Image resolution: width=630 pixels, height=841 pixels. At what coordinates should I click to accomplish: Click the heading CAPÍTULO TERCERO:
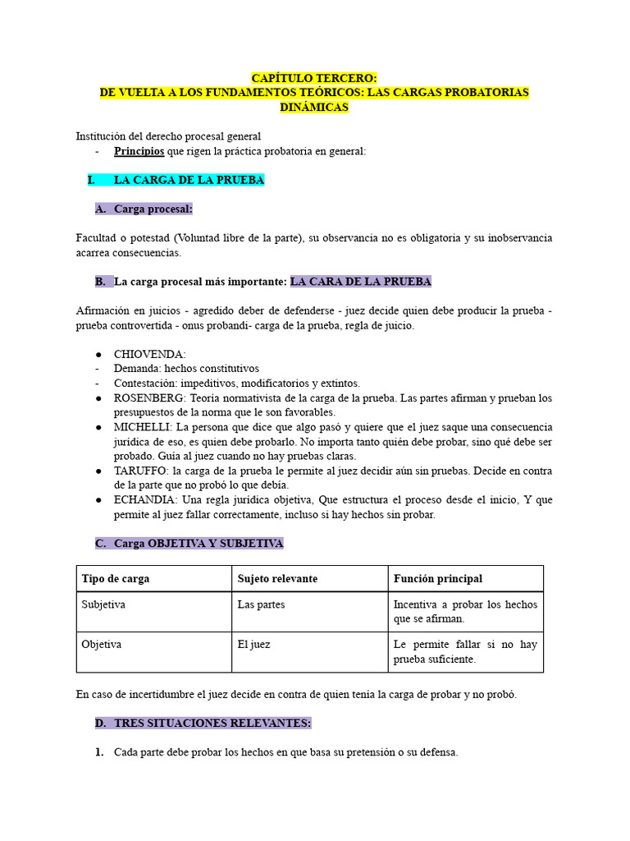tap(314, 77)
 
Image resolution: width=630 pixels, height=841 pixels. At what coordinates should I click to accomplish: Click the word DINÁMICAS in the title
tap(314, 107)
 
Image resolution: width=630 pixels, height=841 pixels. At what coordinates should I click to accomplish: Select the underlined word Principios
tap(139, 151)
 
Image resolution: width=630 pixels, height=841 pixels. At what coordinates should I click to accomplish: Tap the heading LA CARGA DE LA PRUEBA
tap(189, 180)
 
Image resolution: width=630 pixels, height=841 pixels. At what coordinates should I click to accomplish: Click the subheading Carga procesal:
tap(153, 209)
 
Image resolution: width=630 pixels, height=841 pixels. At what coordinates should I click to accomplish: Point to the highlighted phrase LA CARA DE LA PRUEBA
tap(360, 282)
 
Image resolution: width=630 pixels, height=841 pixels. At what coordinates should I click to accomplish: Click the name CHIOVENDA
tap(149, 354)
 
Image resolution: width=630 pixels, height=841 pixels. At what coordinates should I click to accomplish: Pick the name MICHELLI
tap(143, 428)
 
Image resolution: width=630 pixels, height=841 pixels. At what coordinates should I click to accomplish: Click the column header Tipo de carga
tap(115, 579)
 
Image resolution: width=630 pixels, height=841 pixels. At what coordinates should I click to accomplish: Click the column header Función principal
tap(438, 579)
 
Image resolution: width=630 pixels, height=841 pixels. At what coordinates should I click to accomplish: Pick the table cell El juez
tap(253, 645)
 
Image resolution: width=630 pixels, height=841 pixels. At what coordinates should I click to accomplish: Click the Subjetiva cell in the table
tap(103, 604)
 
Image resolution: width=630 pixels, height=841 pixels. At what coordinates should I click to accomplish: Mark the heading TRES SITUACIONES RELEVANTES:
tap(212, 723)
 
